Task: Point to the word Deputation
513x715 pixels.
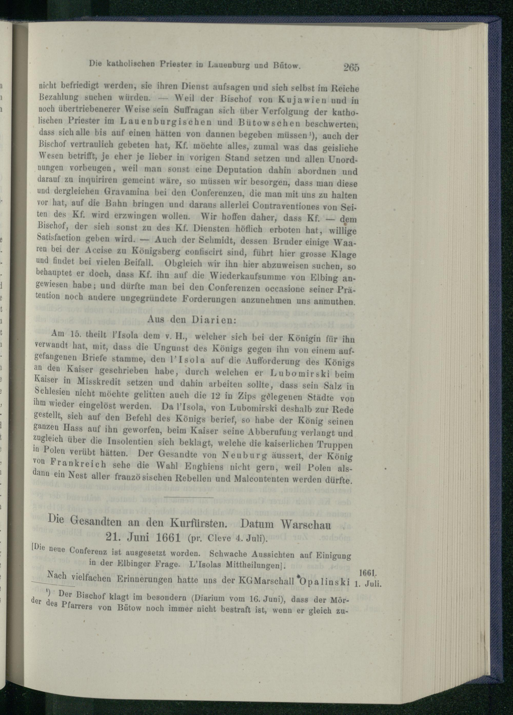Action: click(x=239, y=170)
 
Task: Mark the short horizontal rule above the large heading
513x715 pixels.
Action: click(x=189, y=497)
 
